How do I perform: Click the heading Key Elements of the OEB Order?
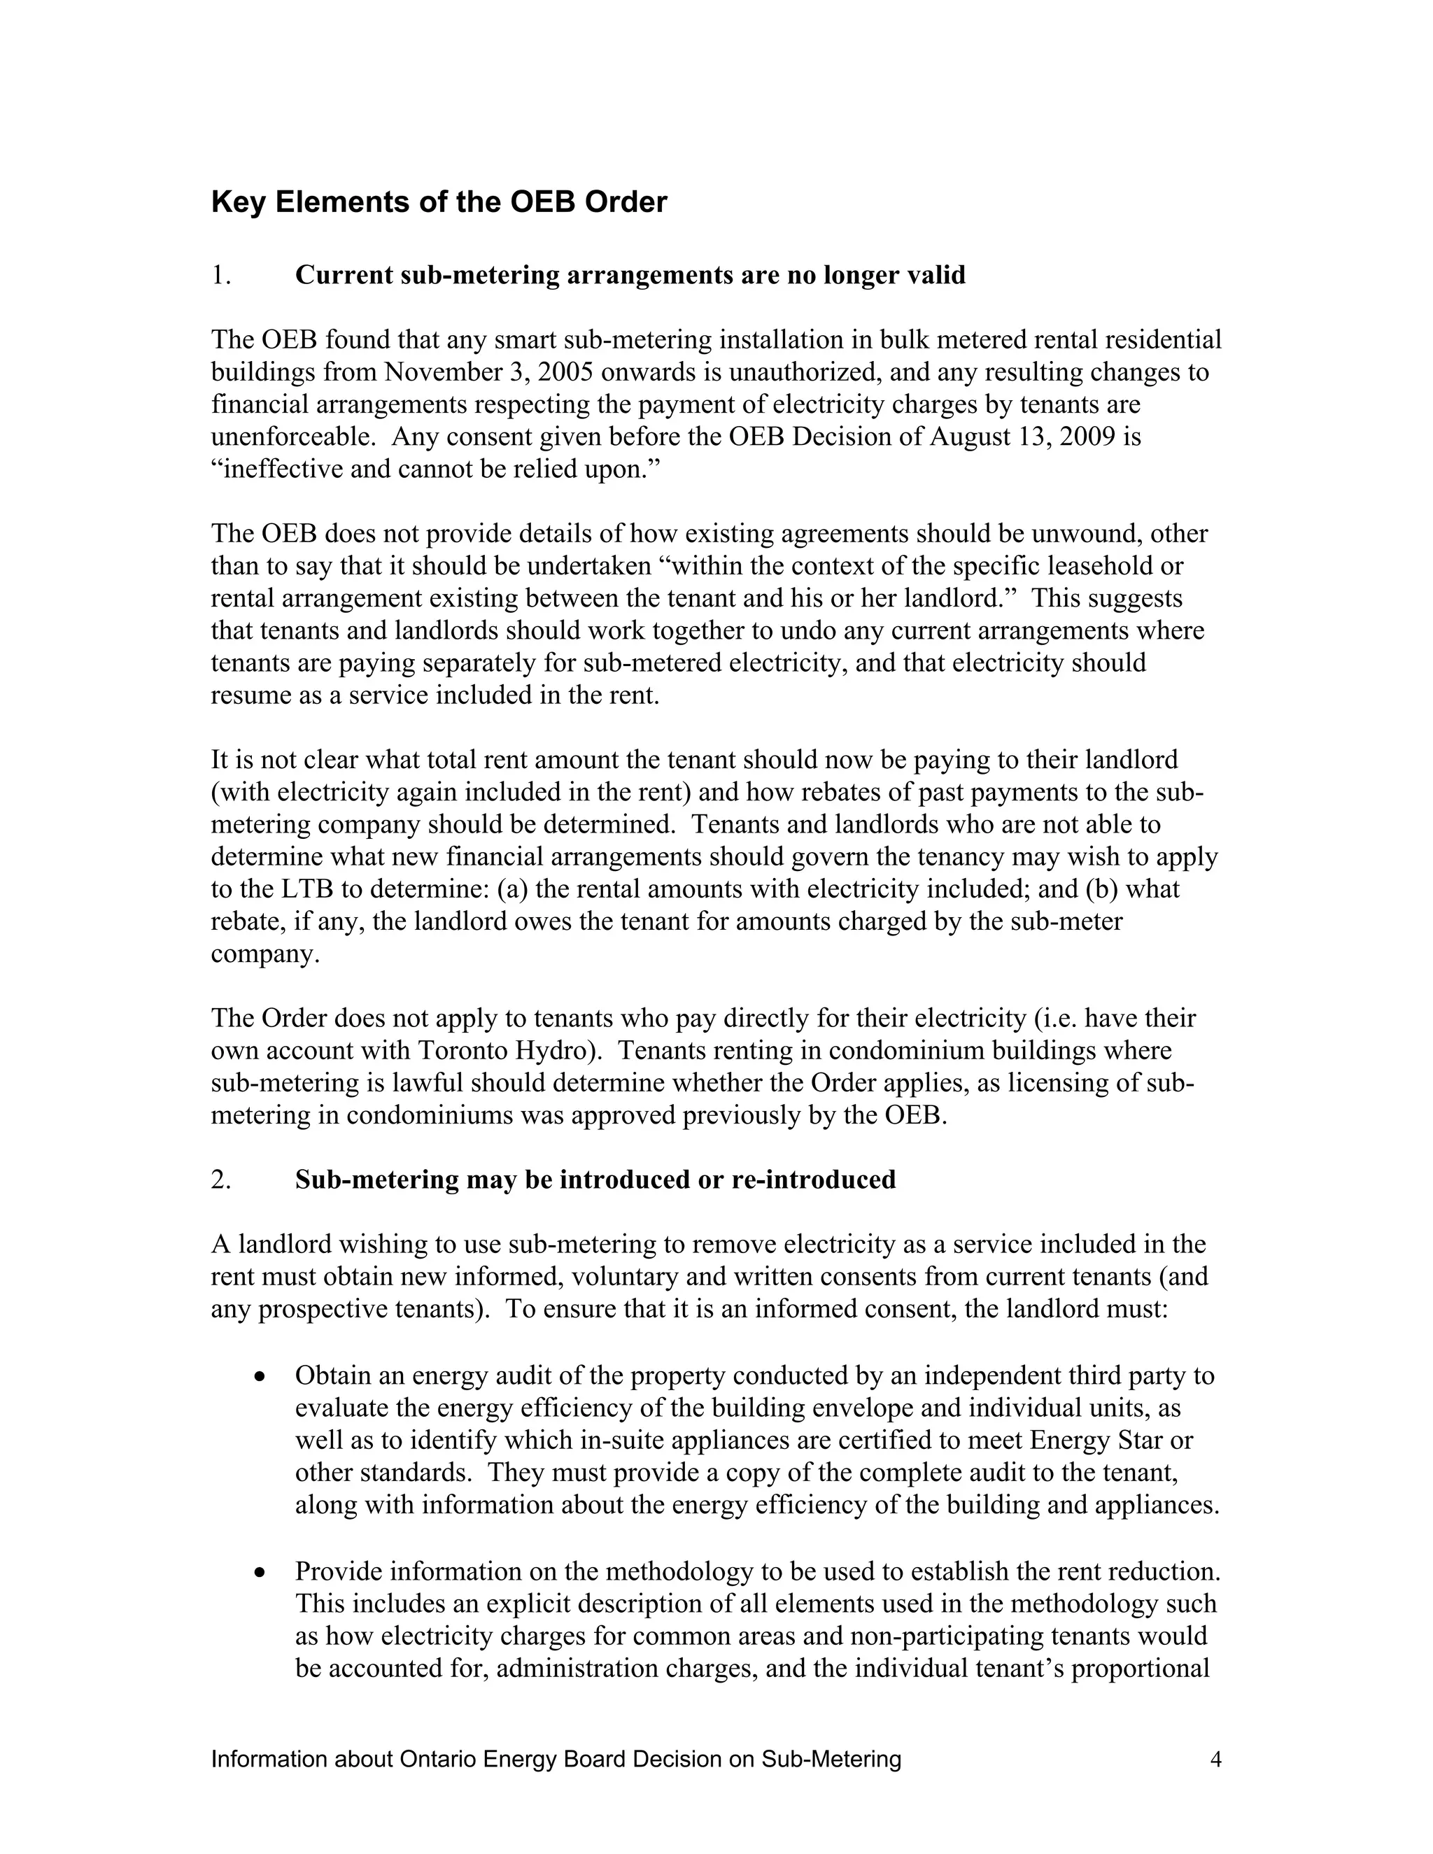[439, 203]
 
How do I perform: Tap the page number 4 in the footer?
[1215, 1760]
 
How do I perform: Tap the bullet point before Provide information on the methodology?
[260, 1573]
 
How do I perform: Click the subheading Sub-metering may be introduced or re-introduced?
[595, 1180]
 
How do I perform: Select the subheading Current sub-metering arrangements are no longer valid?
[630, 275]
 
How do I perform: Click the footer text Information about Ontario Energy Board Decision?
[556, 1760]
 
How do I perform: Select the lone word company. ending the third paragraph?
[265, 954]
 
